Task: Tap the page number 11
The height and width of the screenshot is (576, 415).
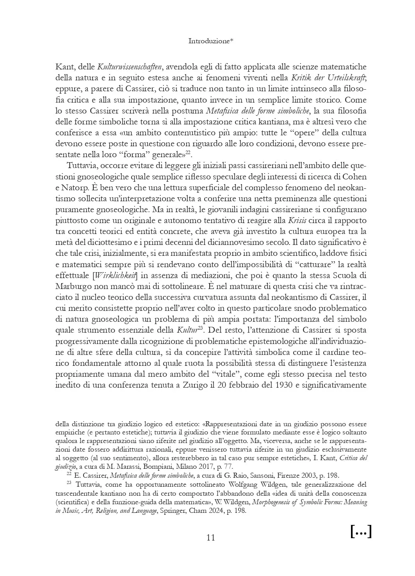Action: tap(210, 538)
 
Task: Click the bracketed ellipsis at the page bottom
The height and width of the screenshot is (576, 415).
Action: tap(361, 531)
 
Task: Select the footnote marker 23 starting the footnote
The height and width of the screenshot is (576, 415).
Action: tap(69, 484)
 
